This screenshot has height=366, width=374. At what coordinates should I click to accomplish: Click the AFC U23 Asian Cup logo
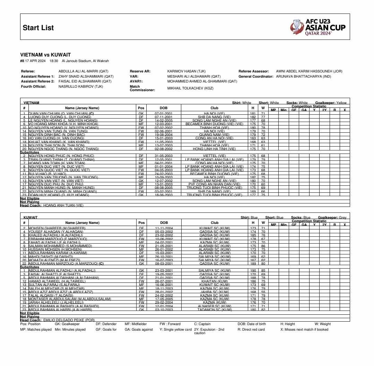318,27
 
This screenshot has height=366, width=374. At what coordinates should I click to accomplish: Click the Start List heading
38,28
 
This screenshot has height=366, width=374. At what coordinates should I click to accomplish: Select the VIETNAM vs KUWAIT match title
45,55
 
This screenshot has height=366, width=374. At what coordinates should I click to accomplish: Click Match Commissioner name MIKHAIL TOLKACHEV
190,88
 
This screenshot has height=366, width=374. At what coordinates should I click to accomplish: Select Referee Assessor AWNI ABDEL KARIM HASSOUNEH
309,71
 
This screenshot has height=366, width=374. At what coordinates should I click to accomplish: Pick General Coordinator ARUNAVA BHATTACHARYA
304,76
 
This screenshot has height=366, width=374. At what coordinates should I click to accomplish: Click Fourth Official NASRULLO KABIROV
80,86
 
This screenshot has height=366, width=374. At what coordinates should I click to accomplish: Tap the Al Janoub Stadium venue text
85,61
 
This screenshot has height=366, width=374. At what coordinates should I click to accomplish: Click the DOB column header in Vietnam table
164,108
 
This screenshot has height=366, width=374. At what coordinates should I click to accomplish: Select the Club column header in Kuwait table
215,223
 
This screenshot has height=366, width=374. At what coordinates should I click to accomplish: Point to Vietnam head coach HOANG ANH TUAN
63,205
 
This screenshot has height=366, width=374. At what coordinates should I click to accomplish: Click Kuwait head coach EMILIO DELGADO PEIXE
69,320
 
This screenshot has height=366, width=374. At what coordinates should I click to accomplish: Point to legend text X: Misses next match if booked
304,330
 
